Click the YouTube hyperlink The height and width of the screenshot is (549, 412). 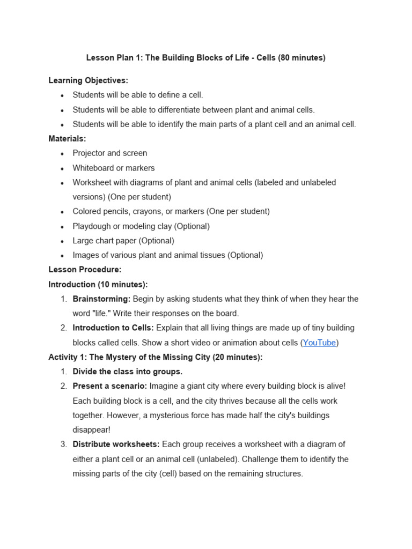click(320, 343)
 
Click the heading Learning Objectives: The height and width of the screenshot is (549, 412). click(89, 80)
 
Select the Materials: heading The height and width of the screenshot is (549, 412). click(67, 138)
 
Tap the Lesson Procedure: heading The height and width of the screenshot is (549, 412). click(85, 270)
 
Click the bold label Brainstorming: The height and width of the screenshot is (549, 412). click(101, 299)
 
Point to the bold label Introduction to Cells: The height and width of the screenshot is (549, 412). click(113, 328)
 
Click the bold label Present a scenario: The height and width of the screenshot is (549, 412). click(110, 386)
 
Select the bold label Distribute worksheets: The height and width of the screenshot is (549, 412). click(116, 444)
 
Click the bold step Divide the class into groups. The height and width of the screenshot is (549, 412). click(128, 372)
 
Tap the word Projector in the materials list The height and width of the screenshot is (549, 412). click(89, 153)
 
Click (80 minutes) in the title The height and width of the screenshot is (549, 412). click(301, 58)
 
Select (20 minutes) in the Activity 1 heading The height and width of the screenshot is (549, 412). click(238, 357)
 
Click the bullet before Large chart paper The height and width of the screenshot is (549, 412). click(62, 241)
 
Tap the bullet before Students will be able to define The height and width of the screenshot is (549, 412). click(62, 95)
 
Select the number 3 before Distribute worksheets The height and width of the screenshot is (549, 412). click(63, 444)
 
